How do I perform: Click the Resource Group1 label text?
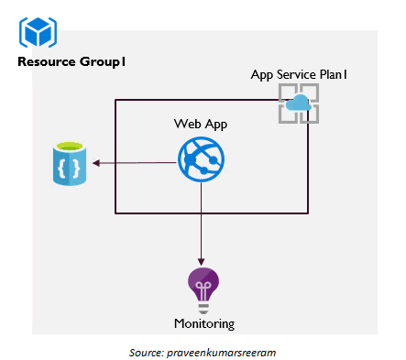71,62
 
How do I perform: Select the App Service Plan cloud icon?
299,104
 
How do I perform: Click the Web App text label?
201,124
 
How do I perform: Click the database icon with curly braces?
70,165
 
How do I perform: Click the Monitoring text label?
203,323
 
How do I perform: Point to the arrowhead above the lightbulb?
202,262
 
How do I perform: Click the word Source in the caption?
146,351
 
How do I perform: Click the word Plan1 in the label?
333,73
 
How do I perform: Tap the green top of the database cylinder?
70,147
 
